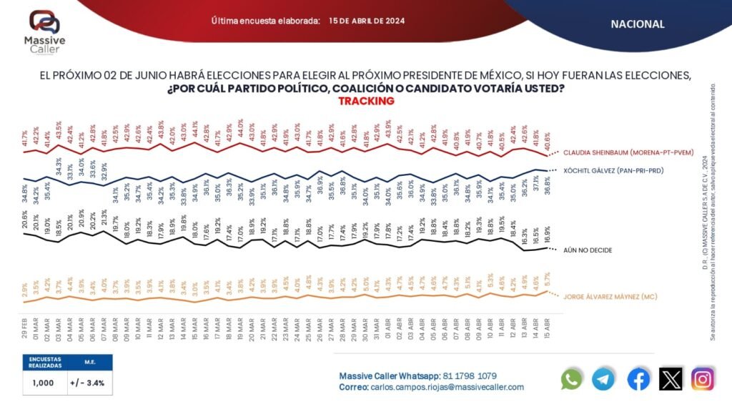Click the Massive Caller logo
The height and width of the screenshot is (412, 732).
point(44,32)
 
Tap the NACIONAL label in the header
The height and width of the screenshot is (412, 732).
point(638,24)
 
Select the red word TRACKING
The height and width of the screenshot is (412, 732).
point(366,101)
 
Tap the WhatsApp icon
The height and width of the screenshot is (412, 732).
point(572,378)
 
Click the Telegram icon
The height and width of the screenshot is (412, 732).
point(604,378)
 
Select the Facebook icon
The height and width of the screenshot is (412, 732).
point(638,378)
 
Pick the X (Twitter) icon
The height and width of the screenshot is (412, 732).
point(670,378)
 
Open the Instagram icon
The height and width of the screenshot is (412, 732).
point(703,378)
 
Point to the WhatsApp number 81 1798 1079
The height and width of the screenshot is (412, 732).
point(469,376)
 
